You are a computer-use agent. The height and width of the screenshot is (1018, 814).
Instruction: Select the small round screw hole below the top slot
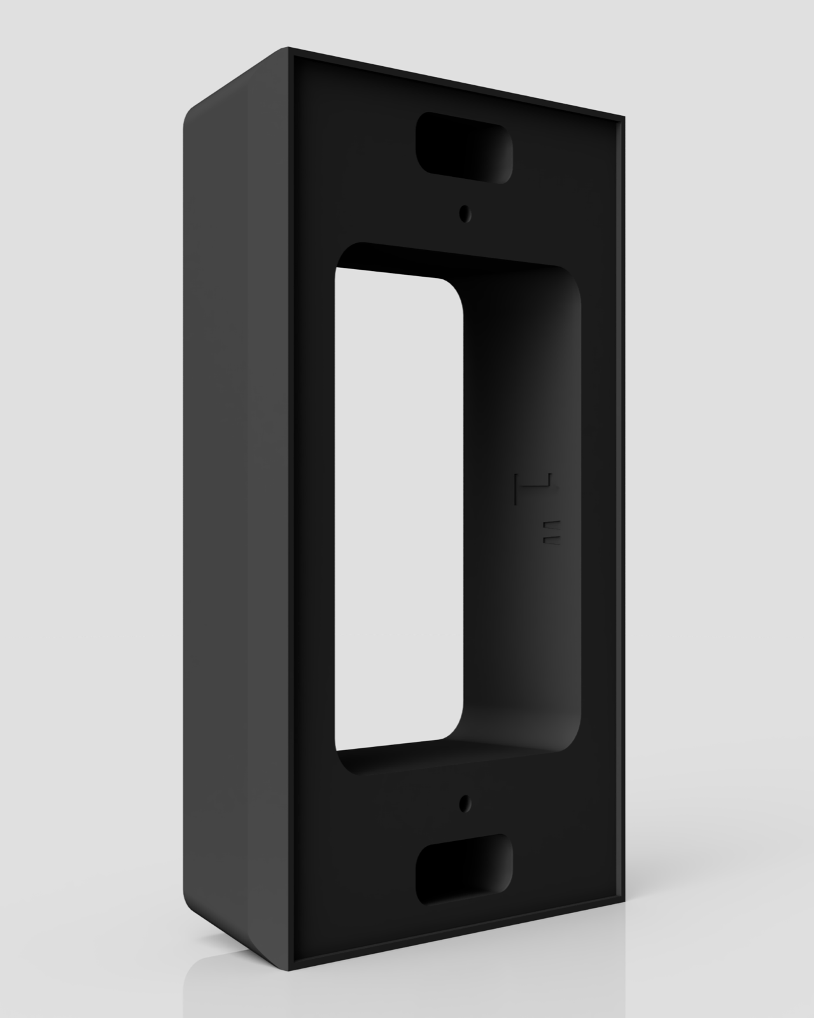coord(467,214)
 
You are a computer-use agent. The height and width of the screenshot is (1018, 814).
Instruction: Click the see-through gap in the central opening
coord(398,509)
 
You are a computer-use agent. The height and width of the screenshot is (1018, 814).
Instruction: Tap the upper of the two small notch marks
coord(552,524)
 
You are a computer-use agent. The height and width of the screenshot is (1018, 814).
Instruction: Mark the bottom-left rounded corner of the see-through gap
coord(344,742)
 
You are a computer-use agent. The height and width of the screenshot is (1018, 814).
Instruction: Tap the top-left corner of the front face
coord(290,49)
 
